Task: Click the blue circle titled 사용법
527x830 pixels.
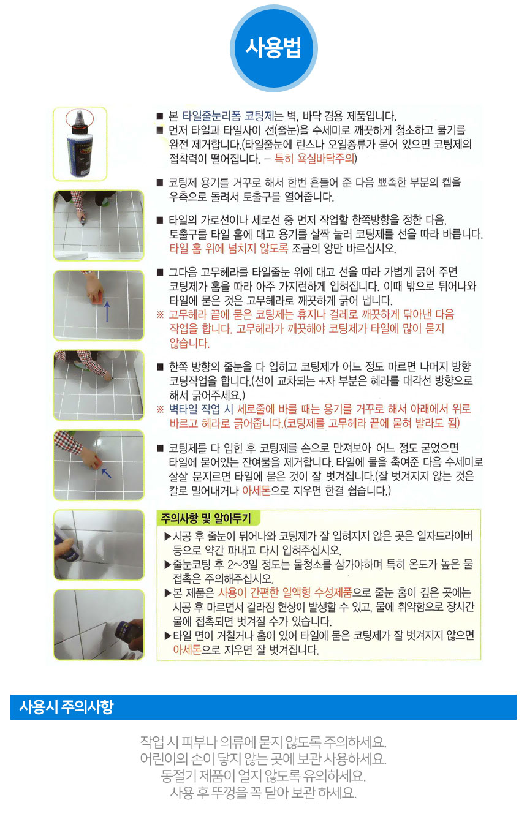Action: tap(273, 48)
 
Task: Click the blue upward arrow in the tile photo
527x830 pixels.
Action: tap(107, 311)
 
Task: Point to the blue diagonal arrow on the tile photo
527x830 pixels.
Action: tap(107, 473)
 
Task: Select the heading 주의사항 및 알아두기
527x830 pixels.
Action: tap(206, 518)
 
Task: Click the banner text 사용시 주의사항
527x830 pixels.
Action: tap(66, 707)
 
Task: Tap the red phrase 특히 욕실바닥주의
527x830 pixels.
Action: tap(314, 159)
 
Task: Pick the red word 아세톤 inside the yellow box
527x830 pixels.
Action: tap(187, 649)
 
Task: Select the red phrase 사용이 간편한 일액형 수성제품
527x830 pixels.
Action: tap(284, 592)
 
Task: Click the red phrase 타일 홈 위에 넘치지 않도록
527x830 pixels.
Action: tap(229, 248)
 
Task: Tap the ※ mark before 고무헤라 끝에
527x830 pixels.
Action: tap(160, 315)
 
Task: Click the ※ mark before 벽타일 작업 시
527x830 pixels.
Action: tap(160, 409)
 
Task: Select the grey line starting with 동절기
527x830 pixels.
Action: tap(263, 775)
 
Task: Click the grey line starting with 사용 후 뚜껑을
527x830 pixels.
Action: tap(263, 793)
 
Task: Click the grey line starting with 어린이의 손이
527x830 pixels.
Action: tap(263, 758)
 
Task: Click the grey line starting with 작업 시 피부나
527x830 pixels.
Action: tap(263, 741)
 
